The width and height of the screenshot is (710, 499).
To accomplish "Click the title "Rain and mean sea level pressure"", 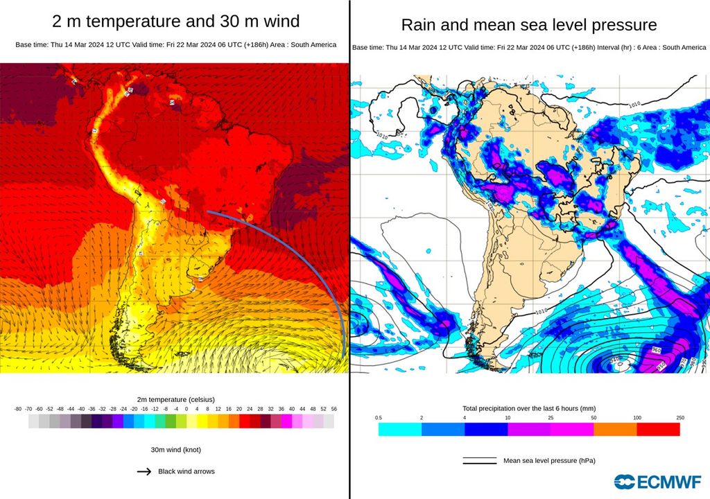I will click(529, 26).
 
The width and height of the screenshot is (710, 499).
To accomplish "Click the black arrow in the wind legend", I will click(144, 471).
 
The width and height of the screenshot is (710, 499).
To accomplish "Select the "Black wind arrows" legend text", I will click(187, 471).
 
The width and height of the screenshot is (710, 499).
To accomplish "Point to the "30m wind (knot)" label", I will click(175, 450).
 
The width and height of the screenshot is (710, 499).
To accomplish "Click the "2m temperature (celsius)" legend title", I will click(175, 400).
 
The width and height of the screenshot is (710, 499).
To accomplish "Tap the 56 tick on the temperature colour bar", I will click(334, 410).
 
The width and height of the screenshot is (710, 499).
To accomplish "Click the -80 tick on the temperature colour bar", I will click(18, 410).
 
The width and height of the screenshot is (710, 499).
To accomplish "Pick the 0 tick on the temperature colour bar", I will click(186, 410).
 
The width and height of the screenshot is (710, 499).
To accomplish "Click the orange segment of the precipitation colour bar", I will click(615, 430).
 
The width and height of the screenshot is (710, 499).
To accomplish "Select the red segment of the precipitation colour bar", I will click(658, 430).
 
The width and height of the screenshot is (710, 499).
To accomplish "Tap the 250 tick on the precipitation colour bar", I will click(680, 418).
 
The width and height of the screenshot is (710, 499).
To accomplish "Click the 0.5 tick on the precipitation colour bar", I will click(379, 418).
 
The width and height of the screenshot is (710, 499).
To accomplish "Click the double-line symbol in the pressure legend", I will click(480, 460).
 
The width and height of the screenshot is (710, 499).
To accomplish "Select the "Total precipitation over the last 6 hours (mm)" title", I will click(529, 408).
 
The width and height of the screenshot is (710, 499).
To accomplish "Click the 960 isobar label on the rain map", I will click(656, 350).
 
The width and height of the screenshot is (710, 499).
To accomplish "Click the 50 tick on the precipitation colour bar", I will click(594, 418).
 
